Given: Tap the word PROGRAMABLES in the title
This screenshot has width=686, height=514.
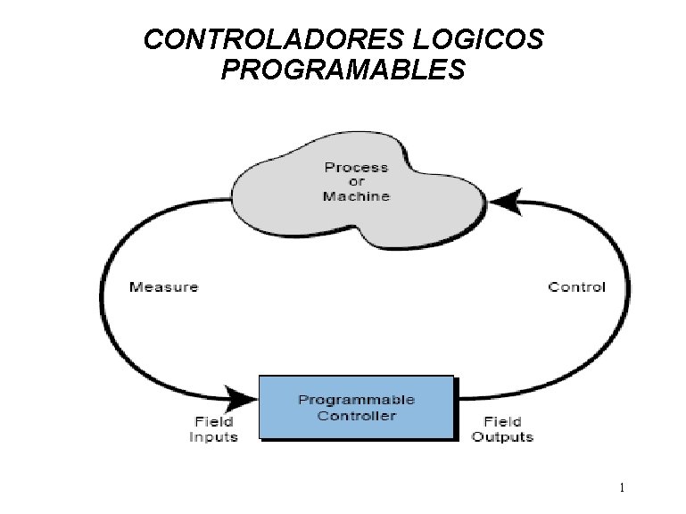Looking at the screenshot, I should [343, 70].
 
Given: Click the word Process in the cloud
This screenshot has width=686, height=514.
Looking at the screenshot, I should [356, 167].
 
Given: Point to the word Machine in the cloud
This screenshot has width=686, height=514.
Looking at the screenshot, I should [356, 195].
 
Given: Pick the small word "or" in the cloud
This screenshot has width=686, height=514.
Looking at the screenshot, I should [356, 181].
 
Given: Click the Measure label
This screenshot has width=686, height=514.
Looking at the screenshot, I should [163, 286].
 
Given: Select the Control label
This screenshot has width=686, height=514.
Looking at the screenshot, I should [576, 286].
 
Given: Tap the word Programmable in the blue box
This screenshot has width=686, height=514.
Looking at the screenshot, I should [356, 400].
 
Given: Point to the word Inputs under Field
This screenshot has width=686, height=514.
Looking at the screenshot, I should [213, 436].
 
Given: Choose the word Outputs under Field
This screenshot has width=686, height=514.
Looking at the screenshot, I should [502, 436].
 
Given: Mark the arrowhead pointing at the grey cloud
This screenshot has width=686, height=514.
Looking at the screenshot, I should [504, 204].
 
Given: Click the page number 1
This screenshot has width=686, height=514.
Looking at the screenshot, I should [622, 488].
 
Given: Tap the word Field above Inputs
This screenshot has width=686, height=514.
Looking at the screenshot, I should [213, 421].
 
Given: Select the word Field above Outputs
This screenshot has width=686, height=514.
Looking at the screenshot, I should [502, 421].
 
